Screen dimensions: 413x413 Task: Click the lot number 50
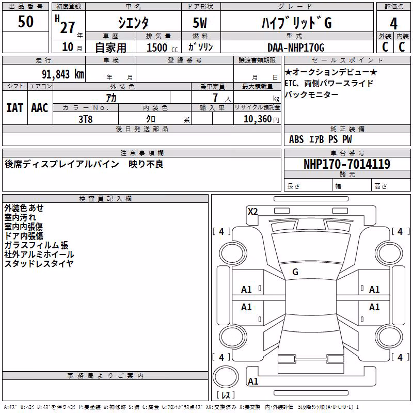(25, 21)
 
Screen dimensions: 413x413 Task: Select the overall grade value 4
(393, 24)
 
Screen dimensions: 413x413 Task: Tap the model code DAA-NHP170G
(296, 47)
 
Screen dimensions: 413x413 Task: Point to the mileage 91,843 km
(63, 74)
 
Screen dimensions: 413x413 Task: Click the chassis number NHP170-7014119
(347, 164)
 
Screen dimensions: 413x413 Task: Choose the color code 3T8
(86, 119)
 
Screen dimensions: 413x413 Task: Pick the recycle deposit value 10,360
(257, 119)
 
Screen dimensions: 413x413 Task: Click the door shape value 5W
(200, 23)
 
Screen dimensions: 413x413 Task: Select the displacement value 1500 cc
(162, 47)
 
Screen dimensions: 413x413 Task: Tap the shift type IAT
(14, 108)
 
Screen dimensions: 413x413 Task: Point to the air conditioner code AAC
(40, 108)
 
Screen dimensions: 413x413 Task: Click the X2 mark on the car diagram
(252, 212)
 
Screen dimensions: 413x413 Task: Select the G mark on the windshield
(295, 272)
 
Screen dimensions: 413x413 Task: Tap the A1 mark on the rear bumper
(253, 381)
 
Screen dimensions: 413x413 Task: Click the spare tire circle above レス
(226, 376)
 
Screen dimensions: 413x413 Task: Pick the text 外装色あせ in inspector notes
(24, 208)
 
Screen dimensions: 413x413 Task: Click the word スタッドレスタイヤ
(39, 264)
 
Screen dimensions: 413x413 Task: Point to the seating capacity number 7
(215, 98)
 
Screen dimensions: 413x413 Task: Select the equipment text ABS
(296, 139)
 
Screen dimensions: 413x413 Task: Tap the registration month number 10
(68, 47)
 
